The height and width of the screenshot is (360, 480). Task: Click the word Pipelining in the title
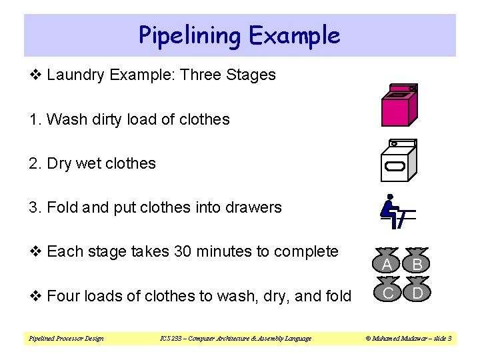[187, 35]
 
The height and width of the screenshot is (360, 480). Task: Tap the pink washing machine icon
[399, 106]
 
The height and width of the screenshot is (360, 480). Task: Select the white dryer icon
[398, 160]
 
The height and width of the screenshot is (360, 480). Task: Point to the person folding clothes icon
[396, 211]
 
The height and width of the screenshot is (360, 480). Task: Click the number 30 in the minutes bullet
[182, 252]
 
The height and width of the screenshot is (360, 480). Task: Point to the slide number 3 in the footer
[451, 339]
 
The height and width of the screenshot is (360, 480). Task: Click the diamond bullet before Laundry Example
[35, 75]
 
